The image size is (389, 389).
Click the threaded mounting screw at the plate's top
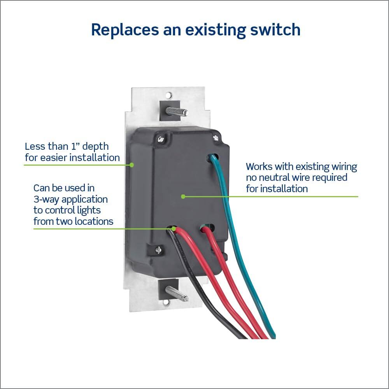177,111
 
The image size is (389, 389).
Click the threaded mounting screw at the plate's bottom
177,293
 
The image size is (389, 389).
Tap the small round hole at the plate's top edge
168,95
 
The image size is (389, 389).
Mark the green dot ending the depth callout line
132,165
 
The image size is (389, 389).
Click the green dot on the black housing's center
183,196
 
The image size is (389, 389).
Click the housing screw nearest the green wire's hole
215,137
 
